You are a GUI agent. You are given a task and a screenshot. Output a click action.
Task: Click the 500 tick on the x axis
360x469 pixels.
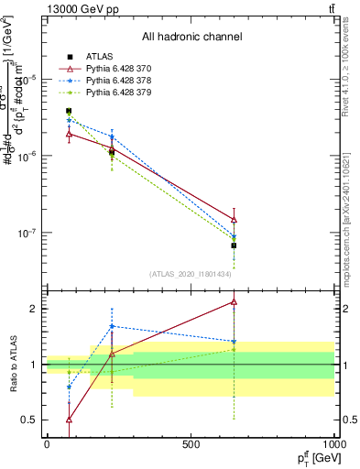tap(191, 444)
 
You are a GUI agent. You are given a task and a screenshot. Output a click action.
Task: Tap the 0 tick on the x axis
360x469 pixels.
tap(47, 444)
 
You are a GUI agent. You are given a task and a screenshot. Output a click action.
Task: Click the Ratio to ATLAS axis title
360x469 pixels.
tap(11, 364)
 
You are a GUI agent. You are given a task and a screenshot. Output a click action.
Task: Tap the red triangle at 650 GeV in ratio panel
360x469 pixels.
tap(234, 301)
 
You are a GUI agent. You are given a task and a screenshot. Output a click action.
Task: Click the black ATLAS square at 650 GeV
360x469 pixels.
tap(234, 245)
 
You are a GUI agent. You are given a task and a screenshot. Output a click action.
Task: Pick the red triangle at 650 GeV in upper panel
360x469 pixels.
tap(234, 220)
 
